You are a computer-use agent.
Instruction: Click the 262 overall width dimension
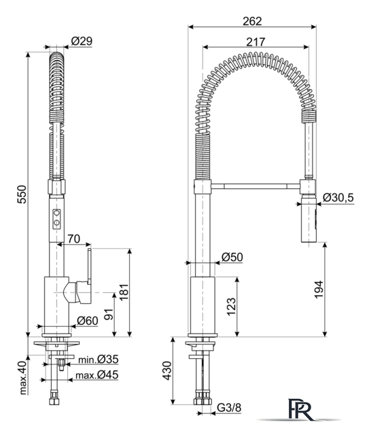point(252,21)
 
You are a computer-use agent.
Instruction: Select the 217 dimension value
point(256,42)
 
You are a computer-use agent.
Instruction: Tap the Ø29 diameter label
point(82,41)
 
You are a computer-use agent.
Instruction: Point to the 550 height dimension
point(22,194)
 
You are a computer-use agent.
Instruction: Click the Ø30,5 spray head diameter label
point(338,198)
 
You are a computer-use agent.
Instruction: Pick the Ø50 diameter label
point(232,257)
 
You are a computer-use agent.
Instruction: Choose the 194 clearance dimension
point(319,290)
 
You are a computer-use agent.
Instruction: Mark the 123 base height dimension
point(231,307)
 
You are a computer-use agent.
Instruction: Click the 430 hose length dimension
point(166,370)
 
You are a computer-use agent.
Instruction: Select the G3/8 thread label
point(229,408)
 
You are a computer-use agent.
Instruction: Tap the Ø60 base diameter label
point(88,321)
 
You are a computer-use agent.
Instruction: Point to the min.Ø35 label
point(99,360)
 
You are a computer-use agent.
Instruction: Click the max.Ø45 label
point(96,375)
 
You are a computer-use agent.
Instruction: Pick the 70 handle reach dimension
point(74,239)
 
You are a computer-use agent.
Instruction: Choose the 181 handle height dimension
point(124,292)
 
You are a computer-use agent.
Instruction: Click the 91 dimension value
point(109,314)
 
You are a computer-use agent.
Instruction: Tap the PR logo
point(301,409)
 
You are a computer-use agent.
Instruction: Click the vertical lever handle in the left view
point(89,266)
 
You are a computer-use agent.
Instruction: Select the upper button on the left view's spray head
point(57,213)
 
